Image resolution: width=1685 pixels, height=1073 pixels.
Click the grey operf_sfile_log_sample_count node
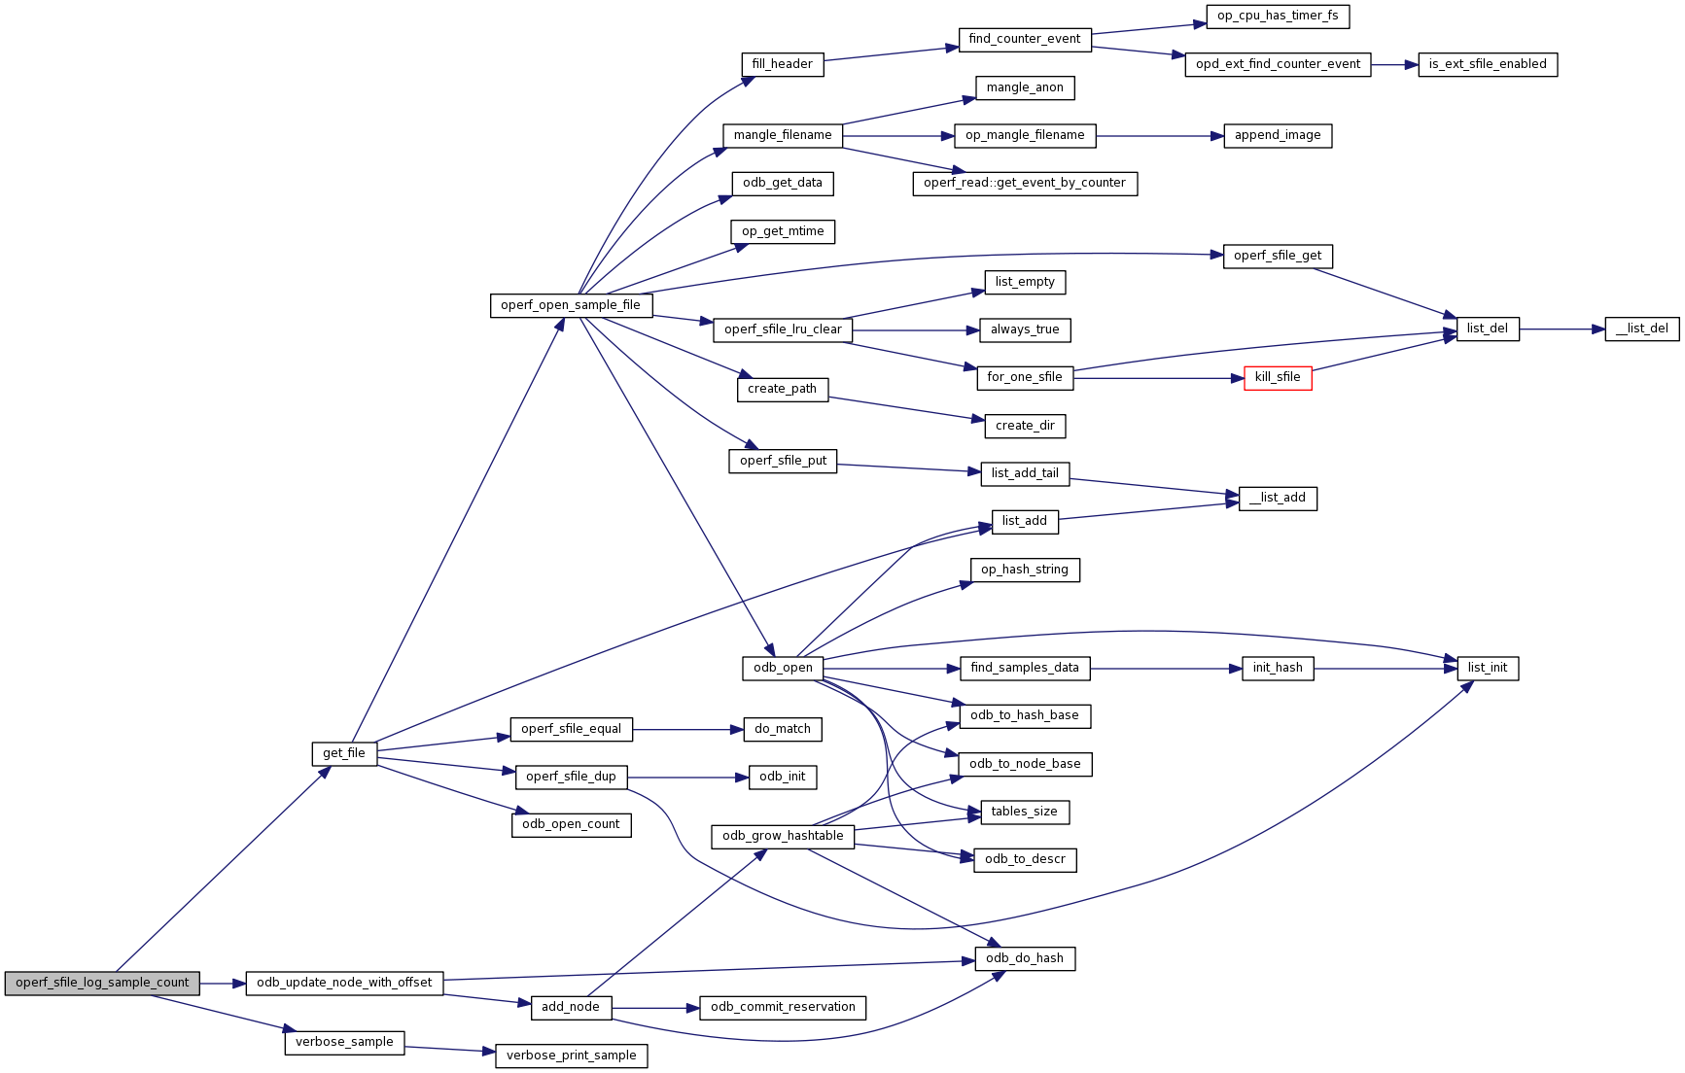[x=102, y=983]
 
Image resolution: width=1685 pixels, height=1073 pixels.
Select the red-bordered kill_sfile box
[x=1278, y=377]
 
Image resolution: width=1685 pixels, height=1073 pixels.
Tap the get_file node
[x=344, y=753]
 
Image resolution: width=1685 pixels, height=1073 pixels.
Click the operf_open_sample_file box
[x=571, y=305]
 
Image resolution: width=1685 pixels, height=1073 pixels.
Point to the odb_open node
[x=783, y=668]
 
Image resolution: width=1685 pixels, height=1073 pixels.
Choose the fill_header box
[x=782, y=64]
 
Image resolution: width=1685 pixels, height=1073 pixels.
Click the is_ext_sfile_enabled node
[x=1488, y=64]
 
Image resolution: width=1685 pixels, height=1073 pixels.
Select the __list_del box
[x=1641, y=329]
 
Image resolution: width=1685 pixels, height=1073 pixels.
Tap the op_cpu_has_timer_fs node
[x=1278, y=16]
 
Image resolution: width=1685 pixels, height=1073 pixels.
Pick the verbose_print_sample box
[x=571, y=1056]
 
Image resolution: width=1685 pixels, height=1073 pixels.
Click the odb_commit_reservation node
[x=783, y=1007]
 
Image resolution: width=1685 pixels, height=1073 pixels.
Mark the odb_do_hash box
[x=1025, y=958]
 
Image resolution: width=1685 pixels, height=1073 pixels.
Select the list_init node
[x=1488, y=668]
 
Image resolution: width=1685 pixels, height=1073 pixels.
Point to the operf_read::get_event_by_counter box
[x=1025, y=183]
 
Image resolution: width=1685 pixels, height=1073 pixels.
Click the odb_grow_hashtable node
[x=783, y=836]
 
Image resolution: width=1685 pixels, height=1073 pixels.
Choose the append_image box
[x=1278, y=135]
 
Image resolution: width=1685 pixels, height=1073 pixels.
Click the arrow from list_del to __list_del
[x=1562, y=329]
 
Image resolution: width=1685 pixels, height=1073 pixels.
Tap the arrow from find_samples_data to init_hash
[x=1166, y=669]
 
